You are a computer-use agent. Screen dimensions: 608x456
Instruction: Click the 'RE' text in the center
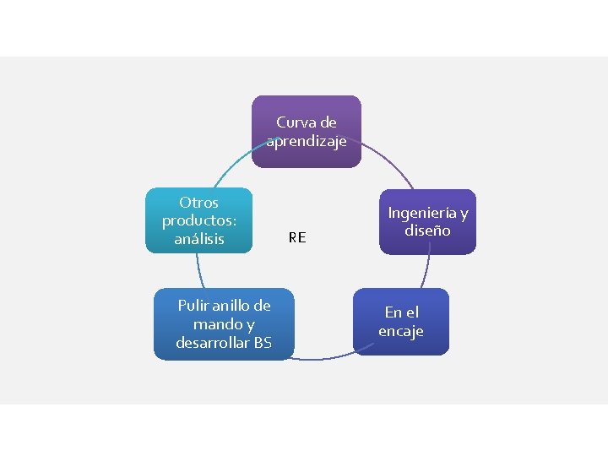pos(296,238)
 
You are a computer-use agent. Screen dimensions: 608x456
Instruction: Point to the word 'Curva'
pos(294,122)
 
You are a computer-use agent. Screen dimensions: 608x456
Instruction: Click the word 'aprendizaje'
pos(307,141)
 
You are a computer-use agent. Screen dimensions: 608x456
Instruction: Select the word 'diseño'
pos(427,231)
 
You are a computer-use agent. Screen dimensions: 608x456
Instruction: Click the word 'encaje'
pos(400,331)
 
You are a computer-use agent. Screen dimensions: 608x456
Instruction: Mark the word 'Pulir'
pos(193,305)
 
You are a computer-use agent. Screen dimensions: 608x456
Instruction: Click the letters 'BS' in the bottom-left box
pos(263,343)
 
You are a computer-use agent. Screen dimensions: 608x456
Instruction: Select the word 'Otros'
pos(198,203)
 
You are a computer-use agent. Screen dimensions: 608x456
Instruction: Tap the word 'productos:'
pos(198,220)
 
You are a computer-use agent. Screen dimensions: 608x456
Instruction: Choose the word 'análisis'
pos(198,239)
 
